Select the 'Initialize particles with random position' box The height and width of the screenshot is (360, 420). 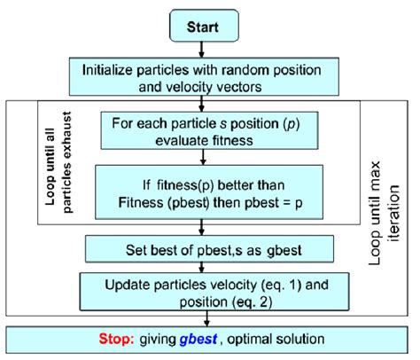[203, 78]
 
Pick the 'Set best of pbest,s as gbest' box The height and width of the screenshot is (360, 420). [203, 243]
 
